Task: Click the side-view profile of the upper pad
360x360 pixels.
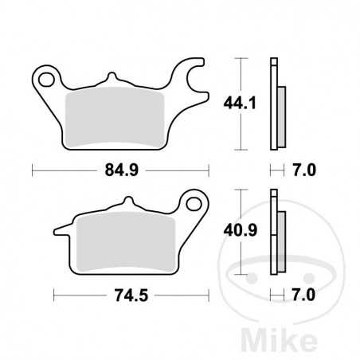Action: [x=277, y=104]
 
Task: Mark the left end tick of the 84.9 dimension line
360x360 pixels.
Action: [x=32, y=169]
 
